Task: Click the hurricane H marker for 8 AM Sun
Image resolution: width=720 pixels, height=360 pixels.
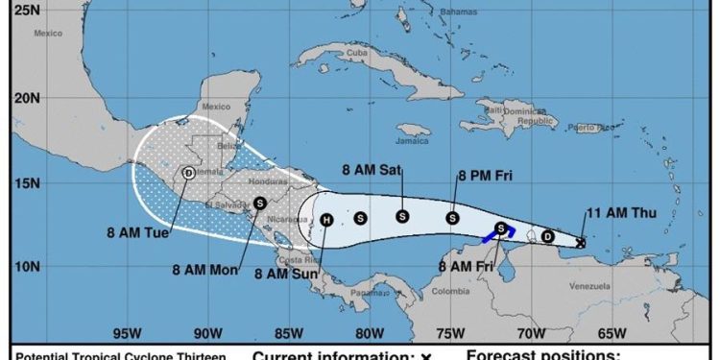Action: (x=326, y=220)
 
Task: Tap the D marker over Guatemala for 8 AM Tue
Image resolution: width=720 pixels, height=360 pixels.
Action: (x=188, y=173)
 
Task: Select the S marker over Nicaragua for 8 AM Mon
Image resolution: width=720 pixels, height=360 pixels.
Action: (x=260, y=203)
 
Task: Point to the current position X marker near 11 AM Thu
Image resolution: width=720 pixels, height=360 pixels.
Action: (x=581, y=243)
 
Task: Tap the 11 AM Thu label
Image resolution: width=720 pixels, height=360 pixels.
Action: (x=620, y=212)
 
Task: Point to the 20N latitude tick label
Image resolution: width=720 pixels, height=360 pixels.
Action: (x=28, y=99)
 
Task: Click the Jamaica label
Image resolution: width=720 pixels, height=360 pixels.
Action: (x=416, y=140)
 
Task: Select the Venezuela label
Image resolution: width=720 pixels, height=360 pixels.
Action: (x=590, y=286)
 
